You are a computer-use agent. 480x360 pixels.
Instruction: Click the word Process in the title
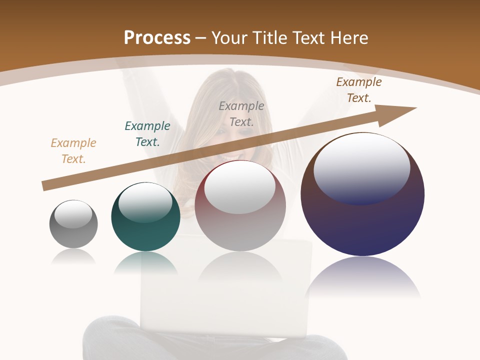157,38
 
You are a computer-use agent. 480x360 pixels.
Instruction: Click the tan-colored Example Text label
73,151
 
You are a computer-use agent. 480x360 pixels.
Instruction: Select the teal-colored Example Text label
147,134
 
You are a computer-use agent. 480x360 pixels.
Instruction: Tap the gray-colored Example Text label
241,113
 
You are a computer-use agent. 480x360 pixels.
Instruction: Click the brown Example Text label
359,90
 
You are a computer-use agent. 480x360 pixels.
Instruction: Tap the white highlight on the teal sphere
145,201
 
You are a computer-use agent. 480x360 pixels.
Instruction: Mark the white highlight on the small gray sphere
73,214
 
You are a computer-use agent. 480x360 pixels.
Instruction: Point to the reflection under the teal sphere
145,262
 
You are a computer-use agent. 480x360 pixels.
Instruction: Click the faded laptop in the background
225,300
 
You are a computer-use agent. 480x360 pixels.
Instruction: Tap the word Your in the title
229,38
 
